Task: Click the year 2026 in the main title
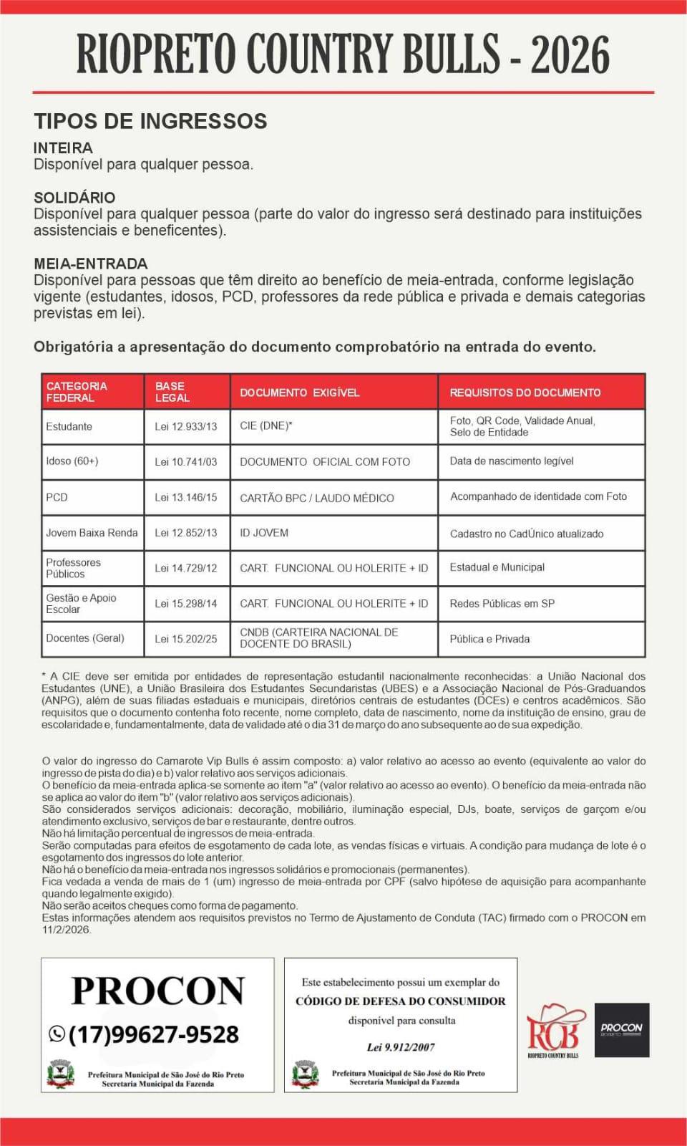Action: tap(570, 54)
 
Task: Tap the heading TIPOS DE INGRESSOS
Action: tap(150, 121)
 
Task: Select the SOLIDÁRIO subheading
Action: tap(74, 198)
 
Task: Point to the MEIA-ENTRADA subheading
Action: tap(90, 264)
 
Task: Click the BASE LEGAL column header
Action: tap(172, 392)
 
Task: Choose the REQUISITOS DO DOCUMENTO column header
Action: tap(525, 393)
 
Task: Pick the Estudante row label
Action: tap(69, 426)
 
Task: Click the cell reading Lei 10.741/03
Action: tap(185, 462)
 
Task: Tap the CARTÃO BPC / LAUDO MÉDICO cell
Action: tap(316, 498)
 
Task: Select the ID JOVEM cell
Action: tap(264, 533)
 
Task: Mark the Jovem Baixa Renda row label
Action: tap(92, 533)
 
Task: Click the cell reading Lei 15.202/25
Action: tap(185, 639)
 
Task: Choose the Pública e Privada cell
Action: tap(489, 639)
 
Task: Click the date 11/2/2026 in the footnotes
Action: tap(66, 930)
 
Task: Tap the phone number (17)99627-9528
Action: tap(154, 1034)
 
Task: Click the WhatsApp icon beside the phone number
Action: tap(57, 1034)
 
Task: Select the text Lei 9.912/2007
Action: tap(401, 1047)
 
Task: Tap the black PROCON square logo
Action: tap(622, 1030)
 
